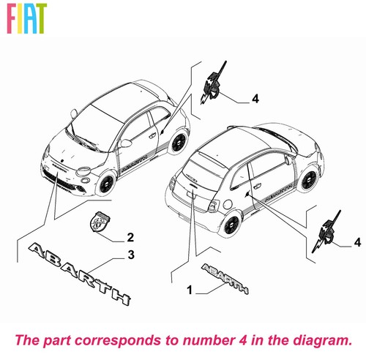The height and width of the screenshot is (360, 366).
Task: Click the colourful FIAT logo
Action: (x=26, y=18)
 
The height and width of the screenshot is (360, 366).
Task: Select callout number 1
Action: (x=190, y=290)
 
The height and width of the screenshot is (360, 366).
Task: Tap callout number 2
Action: (x=130, y=237)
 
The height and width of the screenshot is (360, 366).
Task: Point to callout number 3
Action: (x=131, y=255)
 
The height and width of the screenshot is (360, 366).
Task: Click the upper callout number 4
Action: (x=255, y=99)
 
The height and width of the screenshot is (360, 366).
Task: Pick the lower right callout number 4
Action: (x=357, y=242)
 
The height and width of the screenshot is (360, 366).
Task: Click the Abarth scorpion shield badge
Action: (x=100, y=221)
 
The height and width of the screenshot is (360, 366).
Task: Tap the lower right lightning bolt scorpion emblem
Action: (x=326, y=232)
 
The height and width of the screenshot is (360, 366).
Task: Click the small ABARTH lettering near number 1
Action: (x=225, y=279)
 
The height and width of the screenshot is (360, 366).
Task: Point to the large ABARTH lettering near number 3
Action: (x=79, y=273)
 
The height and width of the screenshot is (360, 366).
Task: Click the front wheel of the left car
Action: (x=106, y=184)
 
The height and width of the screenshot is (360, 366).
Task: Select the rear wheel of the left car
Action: (x=179, y=142)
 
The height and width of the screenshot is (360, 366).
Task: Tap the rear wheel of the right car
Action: (x=231, y=225)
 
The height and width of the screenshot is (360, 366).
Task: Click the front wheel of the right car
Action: (x=309, y=181)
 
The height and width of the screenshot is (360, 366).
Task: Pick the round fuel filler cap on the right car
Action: (x=228, y=204)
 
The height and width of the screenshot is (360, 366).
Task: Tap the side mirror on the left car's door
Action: (x=126, y=143)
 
